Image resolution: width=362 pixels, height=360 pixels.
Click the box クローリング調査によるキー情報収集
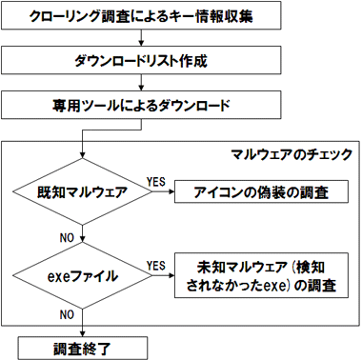coord(141,17)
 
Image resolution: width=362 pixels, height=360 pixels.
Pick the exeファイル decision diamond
coord(85,276)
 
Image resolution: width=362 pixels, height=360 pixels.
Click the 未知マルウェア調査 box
coord(261,276)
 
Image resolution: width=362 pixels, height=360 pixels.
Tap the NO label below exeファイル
coord(67,313)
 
